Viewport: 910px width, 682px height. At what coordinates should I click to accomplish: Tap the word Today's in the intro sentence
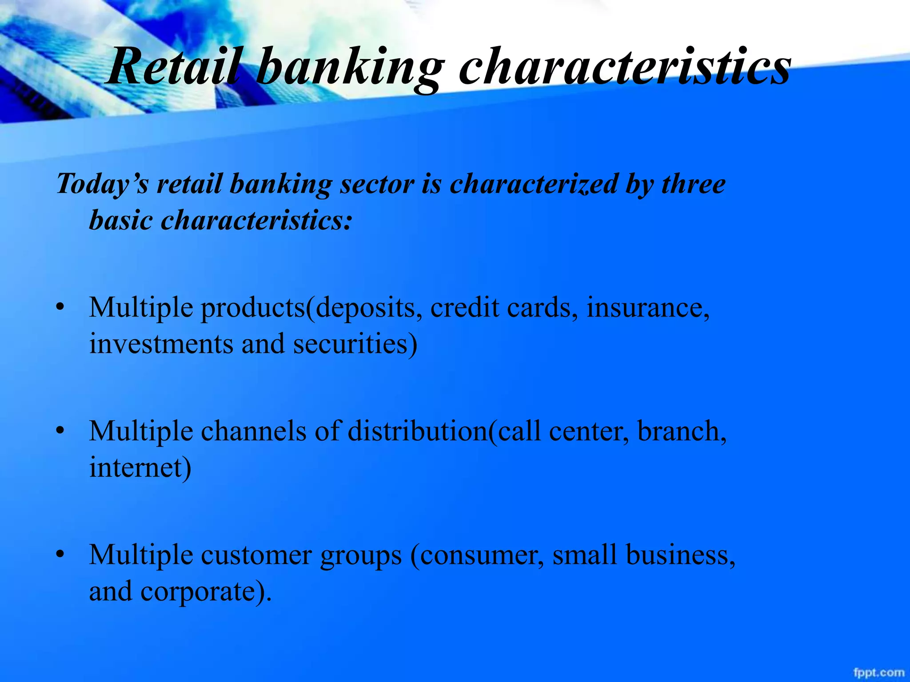[103, 184]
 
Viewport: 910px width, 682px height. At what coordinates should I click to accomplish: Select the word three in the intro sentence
[693, 184]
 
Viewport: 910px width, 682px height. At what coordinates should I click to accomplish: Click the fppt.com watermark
[878, 672]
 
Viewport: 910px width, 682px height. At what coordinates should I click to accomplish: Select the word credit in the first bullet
[464, 307]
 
